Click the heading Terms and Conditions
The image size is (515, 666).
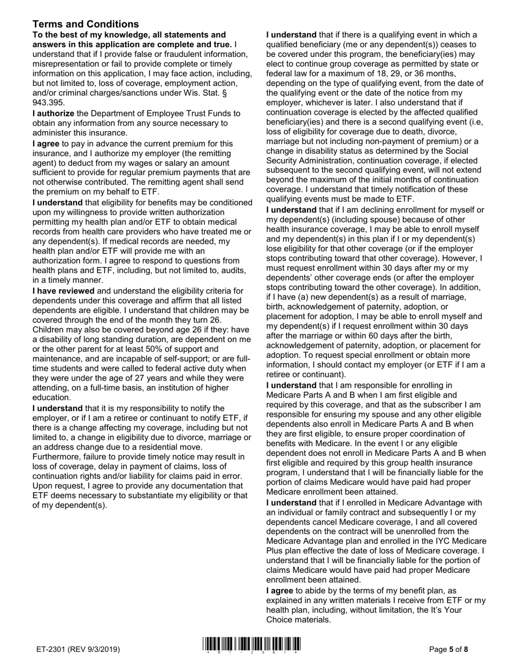pos(86,24)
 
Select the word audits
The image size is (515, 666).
pos(235,270)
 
